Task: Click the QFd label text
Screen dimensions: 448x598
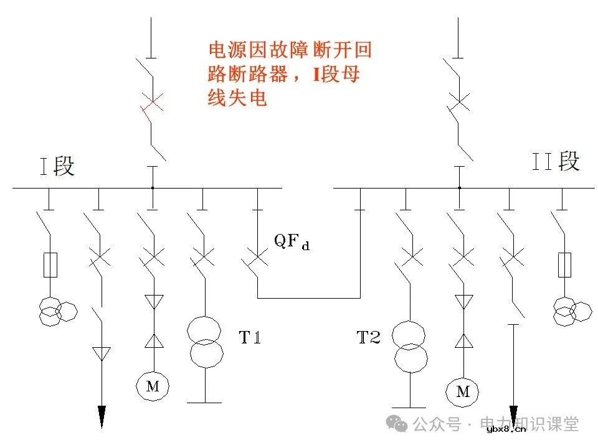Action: (292, 241)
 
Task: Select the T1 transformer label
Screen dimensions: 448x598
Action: (250, 338)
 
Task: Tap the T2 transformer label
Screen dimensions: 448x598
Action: (368, 338)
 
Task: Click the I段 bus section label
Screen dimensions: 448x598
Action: (57, 167)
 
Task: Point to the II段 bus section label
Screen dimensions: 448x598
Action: (556, 161)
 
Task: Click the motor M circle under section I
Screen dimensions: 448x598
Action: (153, 386)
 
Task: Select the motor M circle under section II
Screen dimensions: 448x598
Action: (462, 391)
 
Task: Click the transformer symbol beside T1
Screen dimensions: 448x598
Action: (206, 342)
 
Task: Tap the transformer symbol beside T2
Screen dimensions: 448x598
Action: (410, 346)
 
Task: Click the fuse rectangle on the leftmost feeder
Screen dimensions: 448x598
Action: (49, 265)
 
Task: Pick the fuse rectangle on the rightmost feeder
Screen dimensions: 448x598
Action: (565, 265)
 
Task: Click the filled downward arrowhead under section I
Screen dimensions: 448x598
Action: (102, 416)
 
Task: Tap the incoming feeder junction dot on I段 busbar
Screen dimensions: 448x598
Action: (153, 187)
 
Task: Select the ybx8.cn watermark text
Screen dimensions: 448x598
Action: (506, 429)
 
